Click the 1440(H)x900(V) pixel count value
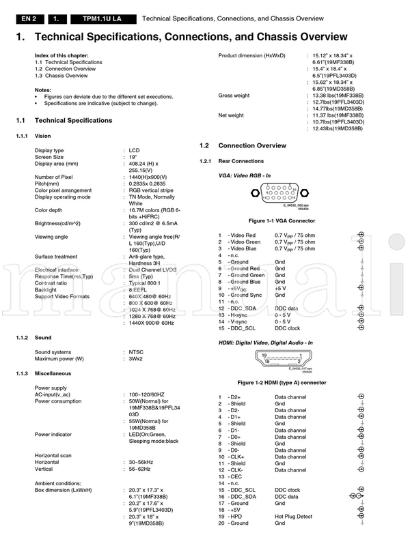[x=150, y=177]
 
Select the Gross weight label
[x=234, y=95]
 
